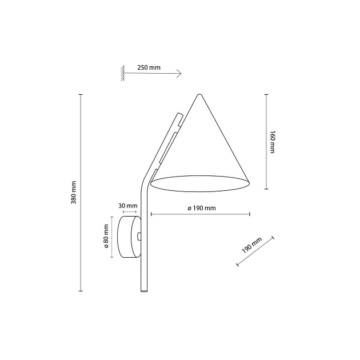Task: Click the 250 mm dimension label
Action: (x=149, y=67)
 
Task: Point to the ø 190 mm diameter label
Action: (x=201, y=209)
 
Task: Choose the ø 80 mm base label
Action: (x=107, y=237)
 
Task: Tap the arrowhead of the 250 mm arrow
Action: (x=179, y=73)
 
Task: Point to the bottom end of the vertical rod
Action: (x=143, y=291)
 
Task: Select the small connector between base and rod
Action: (x=139, y=236)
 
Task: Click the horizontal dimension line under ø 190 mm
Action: (x=200, y=214)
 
